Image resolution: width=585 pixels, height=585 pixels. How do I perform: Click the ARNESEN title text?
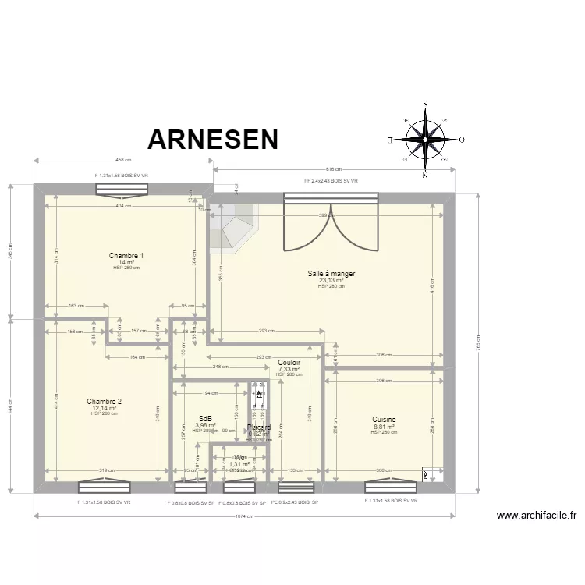pyautogui.click(x=213, y=140)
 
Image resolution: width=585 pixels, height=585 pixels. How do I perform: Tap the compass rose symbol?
pyautogui.click(x=425, y=140)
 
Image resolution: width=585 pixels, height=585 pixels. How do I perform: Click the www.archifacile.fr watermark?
pyautogui.click(x=537, y=516)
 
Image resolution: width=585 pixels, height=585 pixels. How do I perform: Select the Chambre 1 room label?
pyautogui.click(x=126, y=256)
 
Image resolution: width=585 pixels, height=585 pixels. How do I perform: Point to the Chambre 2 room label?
pyautogui.click(x=104, y=402)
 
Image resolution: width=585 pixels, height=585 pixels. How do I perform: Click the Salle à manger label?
pyautogui.click(x=331, y=274)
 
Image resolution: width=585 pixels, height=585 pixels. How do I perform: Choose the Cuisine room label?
pyautogui.click(x=384, y=420)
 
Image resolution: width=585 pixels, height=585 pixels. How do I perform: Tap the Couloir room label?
pyautogui.click(x=289, y=363)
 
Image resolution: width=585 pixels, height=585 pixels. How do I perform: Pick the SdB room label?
pyautogui.click(x=205, y=419)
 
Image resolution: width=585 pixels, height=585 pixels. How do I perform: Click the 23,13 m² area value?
pyautogui.click(x=331, y=280)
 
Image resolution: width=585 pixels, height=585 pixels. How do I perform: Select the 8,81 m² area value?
pyautogui.click(x=384, y=427)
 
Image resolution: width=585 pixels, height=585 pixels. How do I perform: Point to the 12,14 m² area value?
pyautogui.click(x=104, y=408)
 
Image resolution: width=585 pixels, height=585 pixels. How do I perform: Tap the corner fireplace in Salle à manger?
pyautogui.click(x=232, y=226)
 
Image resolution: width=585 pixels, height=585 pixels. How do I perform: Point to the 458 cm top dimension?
pyautogui.click(x=123, y=161)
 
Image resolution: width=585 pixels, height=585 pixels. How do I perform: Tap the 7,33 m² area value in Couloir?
pyautogui.click(x=289, y=369)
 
